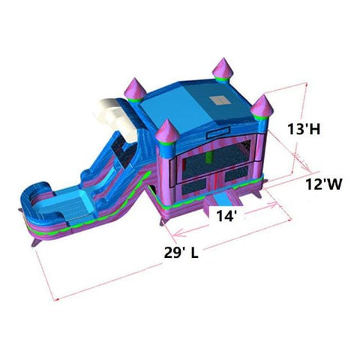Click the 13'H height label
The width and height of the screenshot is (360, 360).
[304, 129]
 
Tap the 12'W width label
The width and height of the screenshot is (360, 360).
[324, 184]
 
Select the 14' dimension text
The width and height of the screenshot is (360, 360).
[226, 216]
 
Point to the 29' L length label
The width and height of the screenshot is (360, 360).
[181, 253]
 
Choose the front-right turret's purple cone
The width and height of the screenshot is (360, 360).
[262, 105]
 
